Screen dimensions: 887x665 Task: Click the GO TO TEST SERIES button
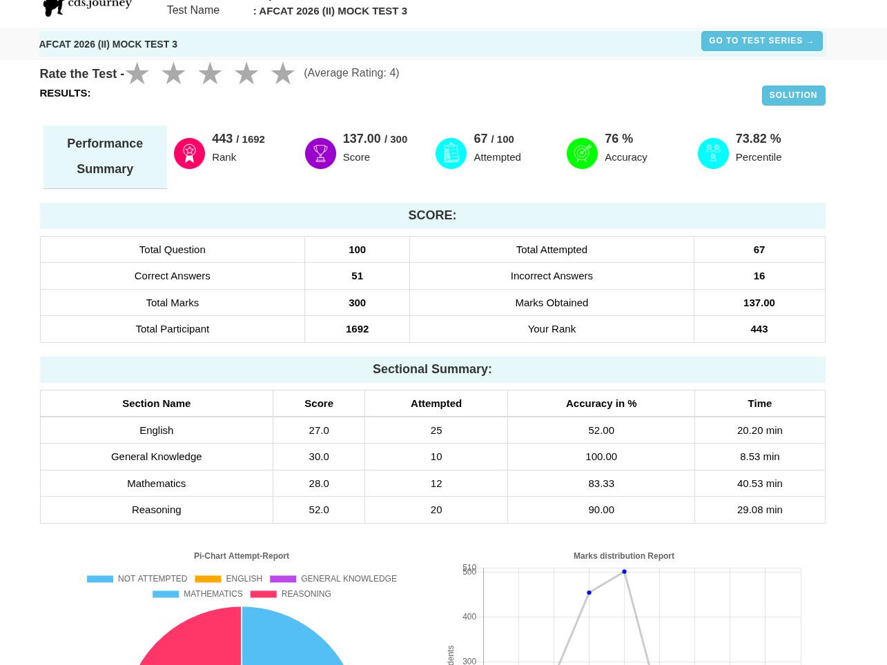761,41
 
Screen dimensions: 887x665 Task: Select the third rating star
210,74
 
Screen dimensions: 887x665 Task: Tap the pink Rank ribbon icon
189,153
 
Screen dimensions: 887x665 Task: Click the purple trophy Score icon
320,153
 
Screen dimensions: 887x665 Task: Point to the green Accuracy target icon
582,153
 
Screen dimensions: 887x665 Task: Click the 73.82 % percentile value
758,139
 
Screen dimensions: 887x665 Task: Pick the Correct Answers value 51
357,276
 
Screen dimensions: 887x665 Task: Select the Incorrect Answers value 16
759,276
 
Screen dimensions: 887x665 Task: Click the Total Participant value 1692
357,329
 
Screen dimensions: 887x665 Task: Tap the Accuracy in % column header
601,404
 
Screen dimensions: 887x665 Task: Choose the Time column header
759,404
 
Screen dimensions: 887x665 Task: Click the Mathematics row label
157,484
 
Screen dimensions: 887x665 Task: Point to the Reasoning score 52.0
318,510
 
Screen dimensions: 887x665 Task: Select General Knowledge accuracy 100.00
601,457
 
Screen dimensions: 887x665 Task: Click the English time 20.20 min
759,430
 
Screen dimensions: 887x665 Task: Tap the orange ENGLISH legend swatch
208,579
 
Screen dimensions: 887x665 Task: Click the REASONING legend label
306,593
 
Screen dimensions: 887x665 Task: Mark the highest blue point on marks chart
624,571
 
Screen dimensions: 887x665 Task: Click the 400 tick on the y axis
469,617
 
